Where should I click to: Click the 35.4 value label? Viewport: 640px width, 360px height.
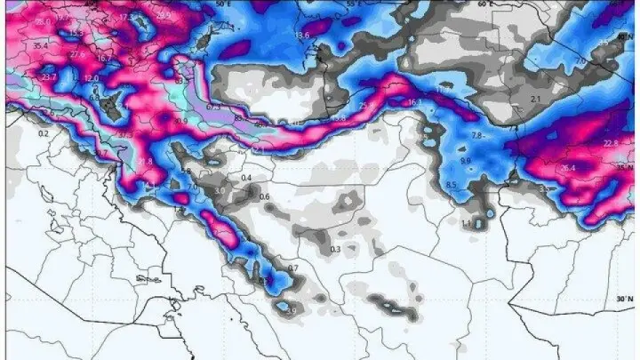click(x=40, y=44)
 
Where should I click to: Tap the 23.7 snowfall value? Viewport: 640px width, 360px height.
click(x=48, y=77)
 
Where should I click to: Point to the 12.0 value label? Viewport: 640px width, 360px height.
click(x=92, y=78)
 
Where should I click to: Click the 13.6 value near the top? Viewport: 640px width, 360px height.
click(x=300, y=35)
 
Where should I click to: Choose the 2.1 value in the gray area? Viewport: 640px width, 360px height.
click(x=535, y=98)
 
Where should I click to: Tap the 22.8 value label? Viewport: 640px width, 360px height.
click(x=611, y=143)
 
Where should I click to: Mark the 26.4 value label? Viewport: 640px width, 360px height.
click(x=568, y=167)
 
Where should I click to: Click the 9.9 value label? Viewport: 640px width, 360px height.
click(x=465, y=160)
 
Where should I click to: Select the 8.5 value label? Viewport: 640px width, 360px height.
click(x=451, y=185)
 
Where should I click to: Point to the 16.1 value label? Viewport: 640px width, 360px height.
click(x=413, y=103)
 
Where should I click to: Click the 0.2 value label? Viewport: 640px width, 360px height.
click(x=43, y=133)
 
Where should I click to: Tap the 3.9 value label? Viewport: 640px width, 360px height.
click(x=291, y=309)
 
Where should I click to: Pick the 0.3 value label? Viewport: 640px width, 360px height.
click(x=335, y=250)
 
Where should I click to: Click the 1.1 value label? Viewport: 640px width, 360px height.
click(x=467, y=222)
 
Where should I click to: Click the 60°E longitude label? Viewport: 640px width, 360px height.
click(x=484, y=4)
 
